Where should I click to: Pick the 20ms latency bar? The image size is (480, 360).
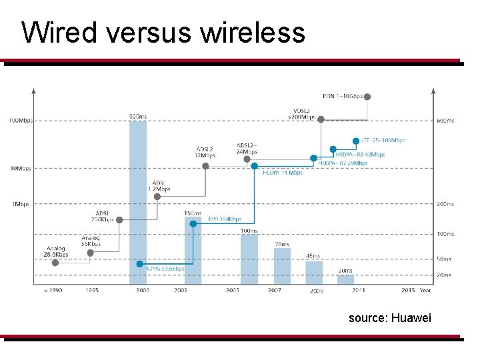pos(345,279)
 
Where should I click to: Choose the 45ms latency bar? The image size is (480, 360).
pos(313,272)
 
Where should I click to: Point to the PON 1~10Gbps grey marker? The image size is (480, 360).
pos(367,97)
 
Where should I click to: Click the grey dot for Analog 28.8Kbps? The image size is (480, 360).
pos(55,262)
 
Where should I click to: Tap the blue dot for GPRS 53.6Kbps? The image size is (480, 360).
pos(139,263)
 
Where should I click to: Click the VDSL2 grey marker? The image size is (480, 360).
pos(321,119)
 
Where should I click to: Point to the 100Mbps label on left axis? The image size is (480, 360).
pos(19,121)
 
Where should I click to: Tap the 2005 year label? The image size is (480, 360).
pos(233,291)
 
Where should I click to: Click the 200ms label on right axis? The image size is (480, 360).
pos(445,204)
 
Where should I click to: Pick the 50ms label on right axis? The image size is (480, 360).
pos(444,259)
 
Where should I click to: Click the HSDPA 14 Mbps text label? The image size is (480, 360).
pos(282,173)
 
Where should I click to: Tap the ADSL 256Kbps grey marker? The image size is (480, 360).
pos(119,219)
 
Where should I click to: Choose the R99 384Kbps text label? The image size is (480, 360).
pos(224,218)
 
